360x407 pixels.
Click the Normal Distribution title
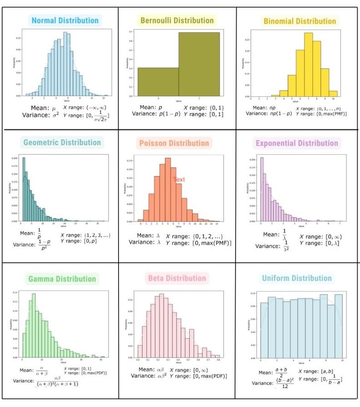pyautogui.click(x=65, y=20)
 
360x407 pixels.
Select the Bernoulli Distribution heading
pyautogui.click(x=177, y=20)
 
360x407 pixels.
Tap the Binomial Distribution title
pyautogui.click(x=300, y=21)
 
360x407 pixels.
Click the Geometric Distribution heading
pyautogui.click(x=63, y=142)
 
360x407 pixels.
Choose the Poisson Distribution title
pyautogui.click(x=174, y=143)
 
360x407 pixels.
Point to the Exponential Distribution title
pyautogui.click(x=297, y=143)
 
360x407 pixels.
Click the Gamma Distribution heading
pyautogui.click(x=62, y=279)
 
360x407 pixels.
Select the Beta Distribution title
pyautogui.click(x=177, y=278)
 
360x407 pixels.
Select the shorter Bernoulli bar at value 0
pyautogui.click(x=158, y=82)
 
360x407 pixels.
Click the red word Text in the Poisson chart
pyautogui.click(x=179, y=180)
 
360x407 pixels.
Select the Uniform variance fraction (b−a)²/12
pyautogui.click(x=285, y=383)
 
